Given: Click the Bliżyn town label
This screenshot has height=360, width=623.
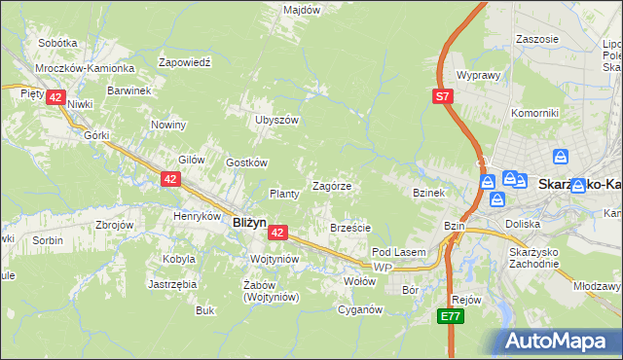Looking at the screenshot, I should (250, 222).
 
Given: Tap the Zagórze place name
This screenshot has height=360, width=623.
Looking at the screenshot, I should (331, 186).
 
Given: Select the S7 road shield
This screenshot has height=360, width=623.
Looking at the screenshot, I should (443, 96).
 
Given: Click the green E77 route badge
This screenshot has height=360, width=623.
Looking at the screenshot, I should (449, 317).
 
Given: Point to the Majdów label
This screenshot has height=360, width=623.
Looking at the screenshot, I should (302, 10).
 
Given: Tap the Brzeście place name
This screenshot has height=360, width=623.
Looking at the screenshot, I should (350, 228).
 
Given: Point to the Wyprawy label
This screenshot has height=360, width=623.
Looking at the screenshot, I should (478, 75).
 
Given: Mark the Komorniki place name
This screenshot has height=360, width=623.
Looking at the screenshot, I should (534, 113).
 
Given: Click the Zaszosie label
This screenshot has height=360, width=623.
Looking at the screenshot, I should (538, 39).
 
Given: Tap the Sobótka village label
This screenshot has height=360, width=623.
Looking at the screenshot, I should (57, 44).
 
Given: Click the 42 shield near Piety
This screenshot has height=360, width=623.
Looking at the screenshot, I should (55, 97).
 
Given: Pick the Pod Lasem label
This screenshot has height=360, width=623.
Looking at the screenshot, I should (399, 252).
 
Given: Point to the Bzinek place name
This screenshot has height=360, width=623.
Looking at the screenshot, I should (428, 193).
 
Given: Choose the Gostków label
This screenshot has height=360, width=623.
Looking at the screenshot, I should (246, 162).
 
